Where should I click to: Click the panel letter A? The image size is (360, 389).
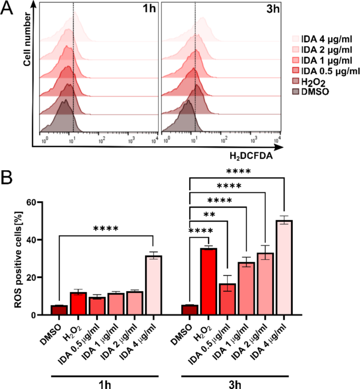[9, 10]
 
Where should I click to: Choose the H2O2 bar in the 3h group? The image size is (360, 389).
[209, 281]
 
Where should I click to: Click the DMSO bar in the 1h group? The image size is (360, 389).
[59, 310]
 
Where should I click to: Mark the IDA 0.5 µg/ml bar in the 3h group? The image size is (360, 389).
[227, 299]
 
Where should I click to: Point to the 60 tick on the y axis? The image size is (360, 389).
[35, 202]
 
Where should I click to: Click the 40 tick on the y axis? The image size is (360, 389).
[35, 240]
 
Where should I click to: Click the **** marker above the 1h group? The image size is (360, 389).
[106, 229]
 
